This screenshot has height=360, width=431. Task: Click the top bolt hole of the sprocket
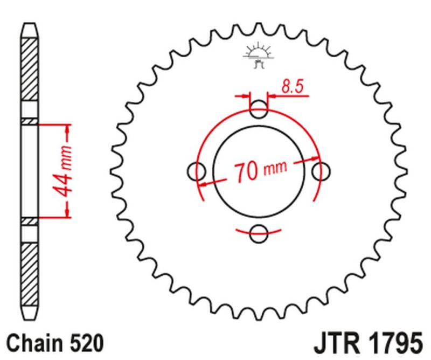pyautogui.click(x=259, y=110)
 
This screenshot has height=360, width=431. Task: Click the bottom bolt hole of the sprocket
pyautogui.click(x=259, y=233)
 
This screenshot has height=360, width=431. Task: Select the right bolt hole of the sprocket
pyautogui.click(x=321, y=171)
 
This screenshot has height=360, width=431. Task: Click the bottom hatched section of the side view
pyautogui.click(x=30, y=267)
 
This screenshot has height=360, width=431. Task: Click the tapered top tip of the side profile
pyautogui.click(x=30, y=30)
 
